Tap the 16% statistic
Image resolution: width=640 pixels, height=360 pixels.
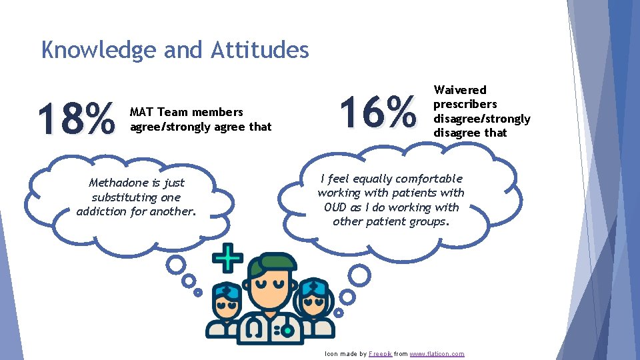click(x=378, y=111)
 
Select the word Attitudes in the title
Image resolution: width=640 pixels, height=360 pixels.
click(x=260, y=50)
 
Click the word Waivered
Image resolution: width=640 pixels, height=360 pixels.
click(x=460, y=90)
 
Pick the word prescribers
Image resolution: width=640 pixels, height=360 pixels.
click(x=465, y=104)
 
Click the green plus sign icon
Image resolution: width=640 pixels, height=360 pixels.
click(x=227, y=258)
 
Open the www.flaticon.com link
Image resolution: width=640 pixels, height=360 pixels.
click(x=437, y=353)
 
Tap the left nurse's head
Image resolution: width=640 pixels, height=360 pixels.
click(x=227, y=299)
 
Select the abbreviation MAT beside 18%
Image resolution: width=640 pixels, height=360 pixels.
click(x=141, y=112)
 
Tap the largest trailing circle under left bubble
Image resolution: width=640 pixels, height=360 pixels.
click(x=176, y=265)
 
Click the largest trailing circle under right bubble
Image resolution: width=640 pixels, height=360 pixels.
click(x=359, y=275)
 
